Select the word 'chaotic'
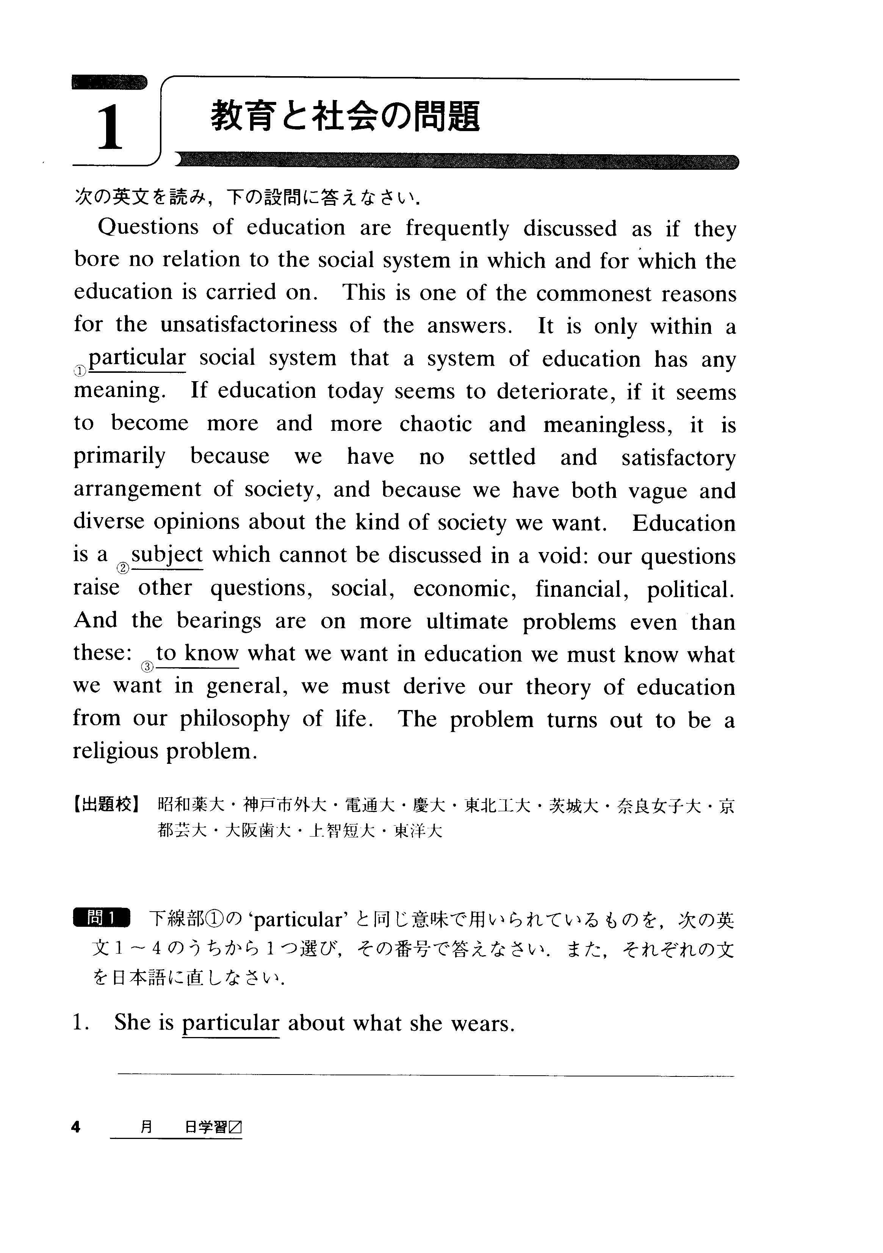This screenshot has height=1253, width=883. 435,424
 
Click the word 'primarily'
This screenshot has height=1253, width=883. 119,457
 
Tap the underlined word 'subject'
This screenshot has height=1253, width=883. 167,555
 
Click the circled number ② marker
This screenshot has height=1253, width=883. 123,568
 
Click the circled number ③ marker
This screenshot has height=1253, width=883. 147,666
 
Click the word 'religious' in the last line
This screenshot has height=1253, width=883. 115,751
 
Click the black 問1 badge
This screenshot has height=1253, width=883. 102,918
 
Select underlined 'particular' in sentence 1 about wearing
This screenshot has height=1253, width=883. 230,1023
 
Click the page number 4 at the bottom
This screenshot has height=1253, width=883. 76,1127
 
